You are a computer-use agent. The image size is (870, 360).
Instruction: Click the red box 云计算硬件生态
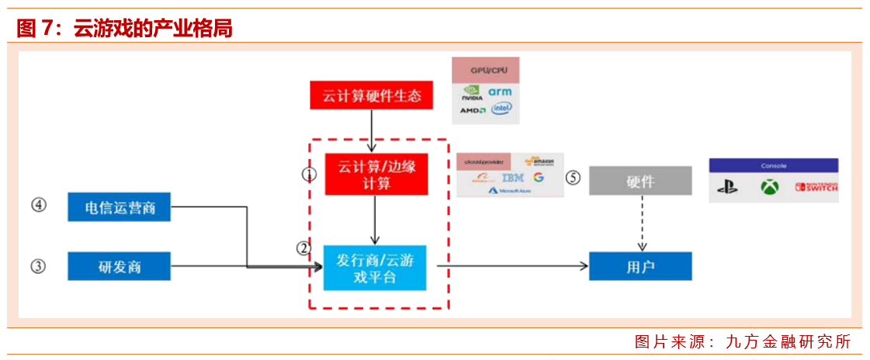372,96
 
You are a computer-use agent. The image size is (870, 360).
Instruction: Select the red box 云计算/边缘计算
376,173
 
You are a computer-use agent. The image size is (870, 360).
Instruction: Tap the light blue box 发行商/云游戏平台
375,268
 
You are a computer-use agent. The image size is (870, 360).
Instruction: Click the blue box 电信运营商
119,208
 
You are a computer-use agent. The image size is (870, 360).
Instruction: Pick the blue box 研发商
119,266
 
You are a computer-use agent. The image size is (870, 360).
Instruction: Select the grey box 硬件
640,181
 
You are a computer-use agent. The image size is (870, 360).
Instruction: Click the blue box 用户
640,266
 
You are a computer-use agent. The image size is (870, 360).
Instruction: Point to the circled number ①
310,175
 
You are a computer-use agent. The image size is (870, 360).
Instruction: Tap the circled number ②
303,249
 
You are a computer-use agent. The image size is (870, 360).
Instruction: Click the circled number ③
38,266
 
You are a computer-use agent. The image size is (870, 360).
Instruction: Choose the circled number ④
38,206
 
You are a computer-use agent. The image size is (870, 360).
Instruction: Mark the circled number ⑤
573,178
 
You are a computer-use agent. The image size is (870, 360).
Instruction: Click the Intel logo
501,109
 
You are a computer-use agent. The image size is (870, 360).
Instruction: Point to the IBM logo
513,178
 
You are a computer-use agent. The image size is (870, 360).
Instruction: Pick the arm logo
500,92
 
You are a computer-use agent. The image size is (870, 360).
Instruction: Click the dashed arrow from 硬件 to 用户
642,223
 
